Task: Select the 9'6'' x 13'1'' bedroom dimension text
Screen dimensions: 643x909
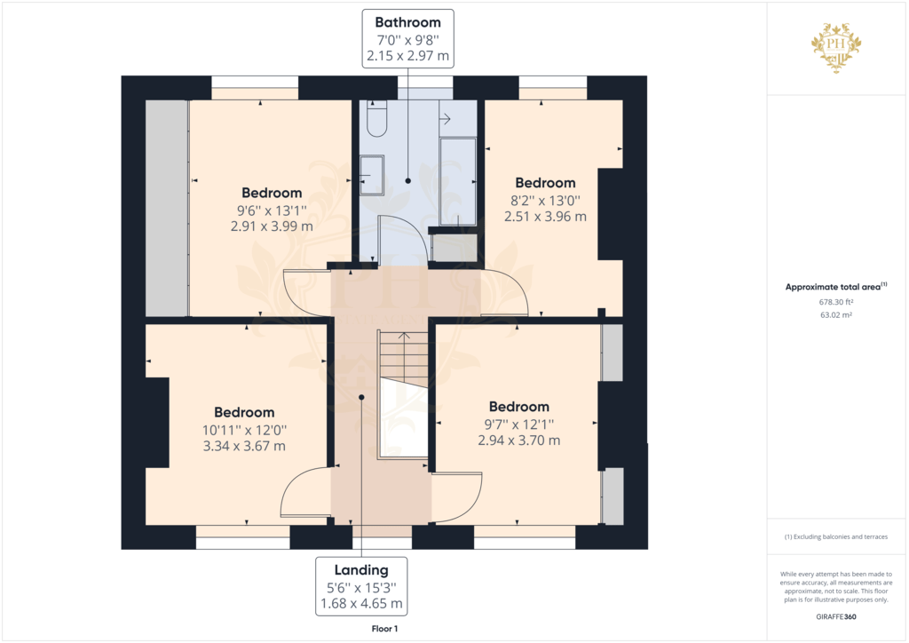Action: tap(272, 210)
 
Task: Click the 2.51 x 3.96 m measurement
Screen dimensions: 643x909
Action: tap(545, 216)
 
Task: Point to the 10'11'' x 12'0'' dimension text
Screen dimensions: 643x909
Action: tap(244, 430)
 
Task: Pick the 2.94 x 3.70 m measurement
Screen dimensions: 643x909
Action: tap(518, 440)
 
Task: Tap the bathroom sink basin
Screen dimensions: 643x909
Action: tap(372, 174)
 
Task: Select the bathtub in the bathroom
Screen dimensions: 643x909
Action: tap(459, 182)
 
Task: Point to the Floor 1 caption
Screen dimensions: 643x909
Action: tap(384, 628)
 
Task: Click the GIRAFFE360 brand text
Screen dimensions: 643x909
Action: tap(836, 616)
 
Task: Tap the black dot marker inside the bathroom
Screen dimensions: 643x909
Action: tap(407, 180)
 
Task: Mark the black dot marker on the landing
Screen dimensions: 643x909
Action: tap(361, 397)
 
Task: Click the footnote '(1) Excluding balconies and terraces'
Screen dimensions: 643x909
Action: tap(835, 536)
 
